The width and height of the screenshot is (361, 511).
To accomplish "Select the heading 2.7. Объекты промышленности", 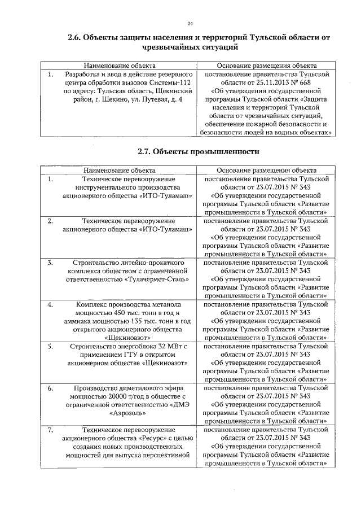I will pyautogui.click(x=198, y=151).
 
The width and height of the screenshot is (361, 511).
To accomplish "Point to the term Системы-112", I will pyautogui.click(x=173, y=82).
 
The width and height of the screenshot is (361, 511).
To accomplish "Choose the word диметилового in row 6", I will pyautogui.click(x=138, y=388).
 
